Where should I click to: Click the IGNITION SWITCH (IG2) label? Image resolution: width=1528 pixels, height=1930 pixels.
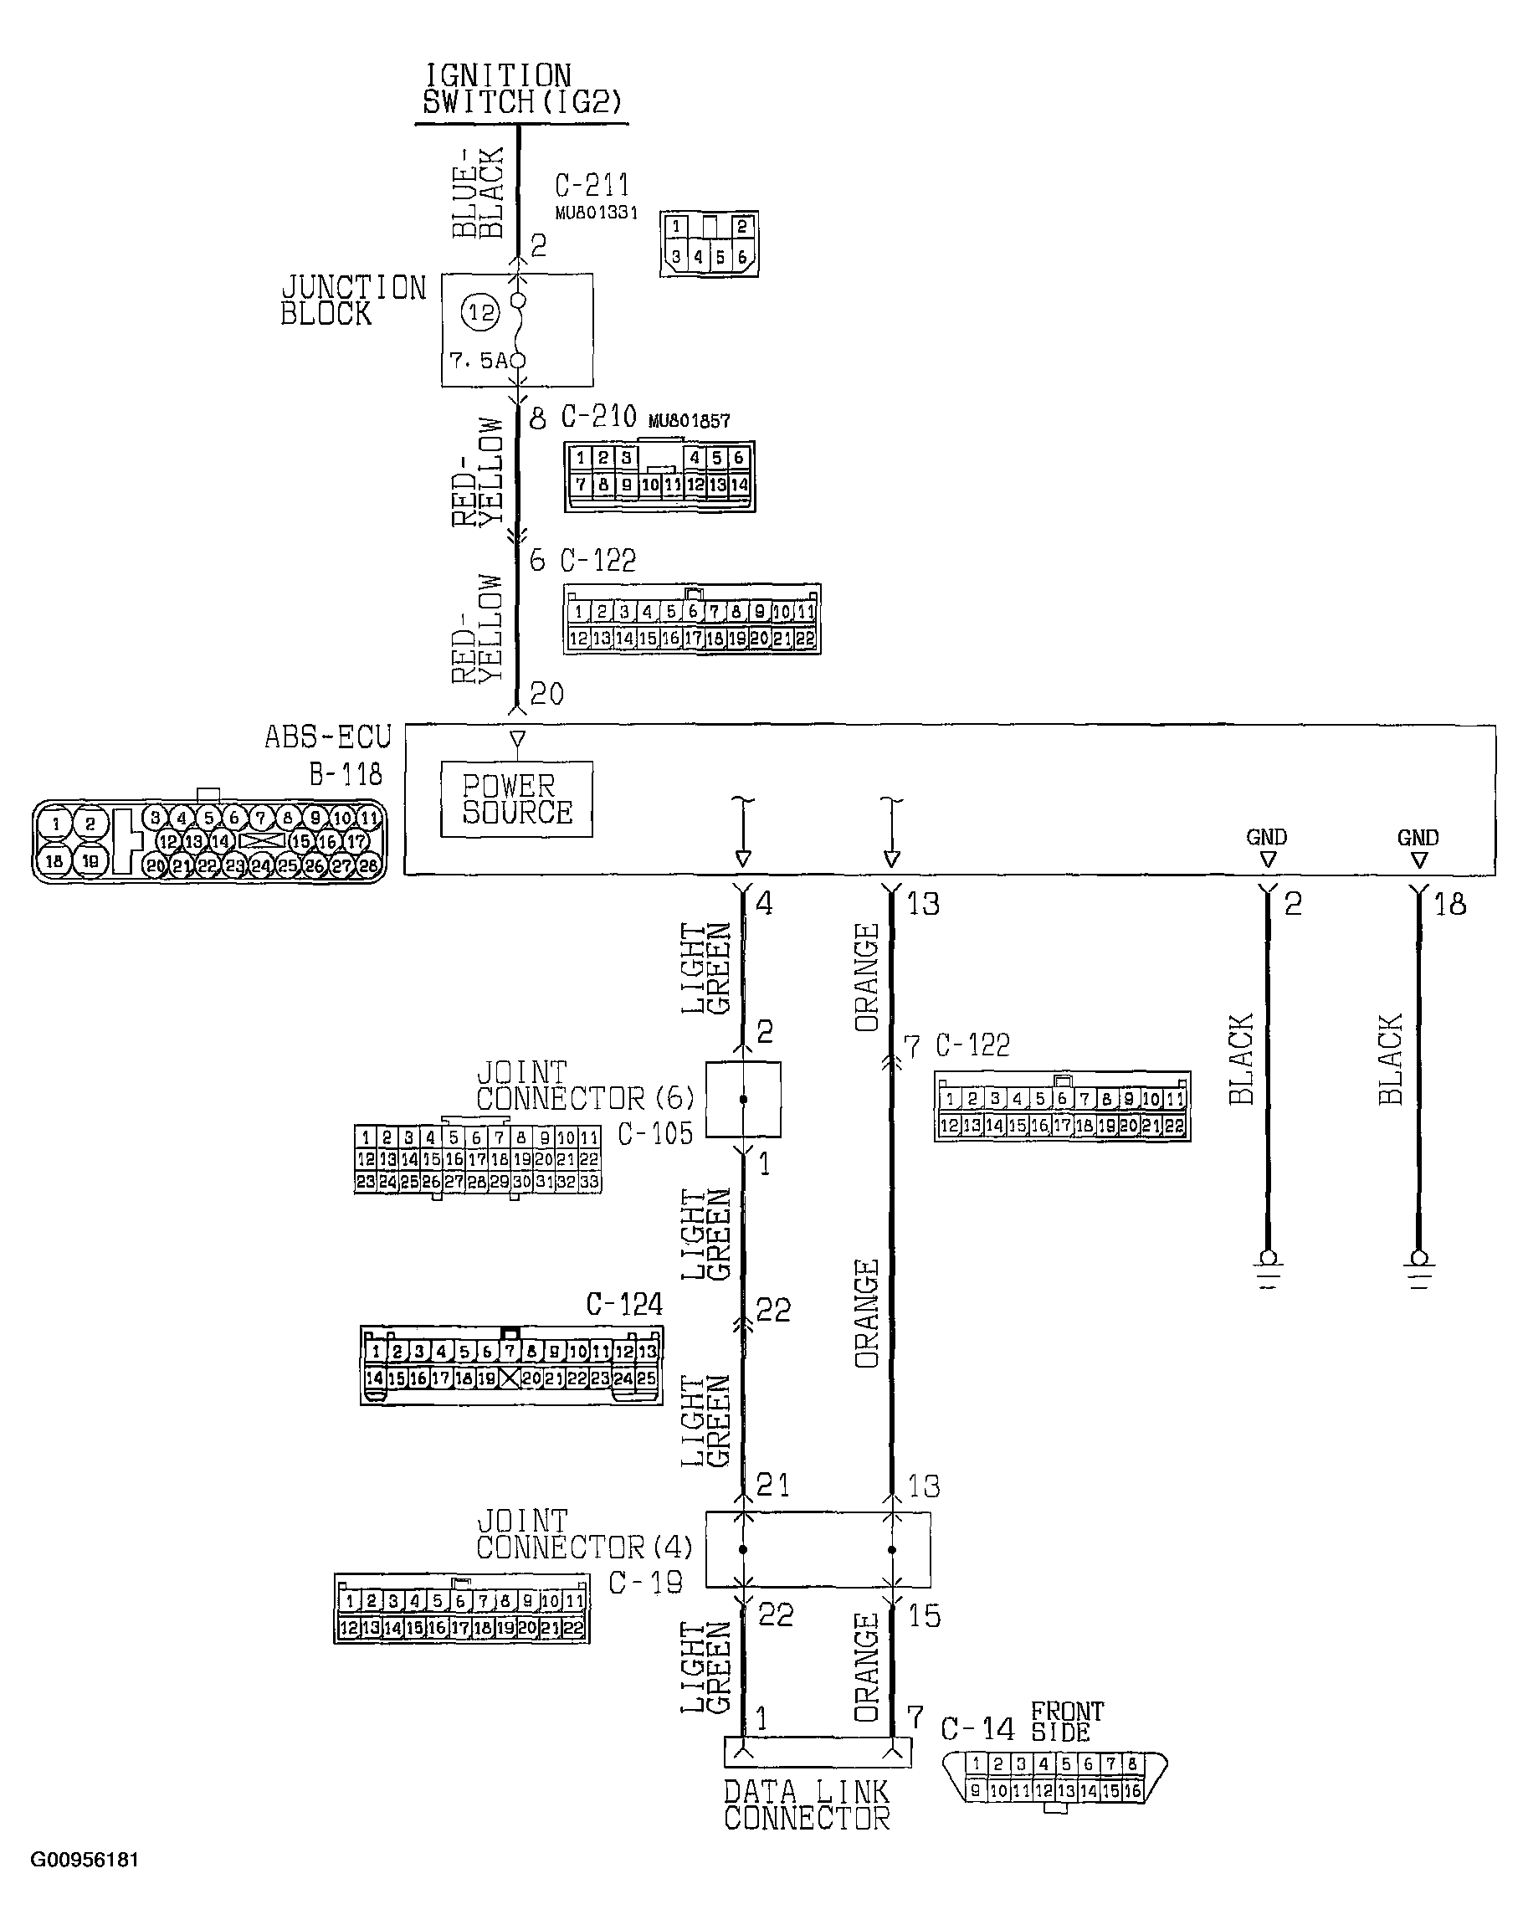click(521, 90)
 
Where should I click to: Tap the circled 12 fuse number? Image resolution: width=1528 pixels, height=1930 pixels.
click(480, 313)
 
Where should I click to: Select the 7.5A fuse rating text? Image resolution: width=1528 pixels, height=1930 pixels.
click(478, 361)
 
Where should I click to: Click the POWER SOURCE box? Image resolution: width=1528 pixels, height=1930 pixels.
click(516, 799)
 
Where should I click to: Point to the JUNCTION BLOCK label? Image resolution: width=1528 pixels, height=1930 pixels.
click(352, 300)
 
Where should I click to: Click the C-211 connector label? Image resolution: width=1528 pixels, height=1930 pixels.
click(592, 186)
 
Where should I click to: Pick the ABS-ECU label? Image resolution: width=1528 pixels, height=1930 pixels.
click(328, 737)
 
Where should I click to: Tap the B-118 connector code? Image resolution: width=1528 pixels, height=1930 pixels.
click(346, 774)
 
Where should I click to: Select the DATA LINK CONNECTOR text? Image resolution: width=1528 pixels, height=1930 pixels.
click(807, 1805)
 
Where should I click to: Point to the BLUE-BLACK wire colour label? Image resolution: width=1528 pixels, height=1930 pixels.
click(478, 192)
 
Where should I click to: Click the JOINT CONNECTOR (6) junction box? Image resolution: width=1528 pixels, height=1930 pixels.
click(742, 1100)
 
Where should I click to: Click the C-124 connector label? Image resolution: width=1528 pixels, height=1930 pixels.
click(623, 1305)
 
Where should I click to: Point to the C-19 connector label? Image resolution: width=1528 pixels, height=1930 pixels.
click(645, 1583)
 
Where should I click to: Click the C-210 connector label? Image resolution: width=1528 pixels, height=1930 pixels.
click(598, 417)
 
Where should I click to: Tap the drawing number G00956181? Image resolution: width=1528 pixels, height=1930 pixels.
click(85, 1860)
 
